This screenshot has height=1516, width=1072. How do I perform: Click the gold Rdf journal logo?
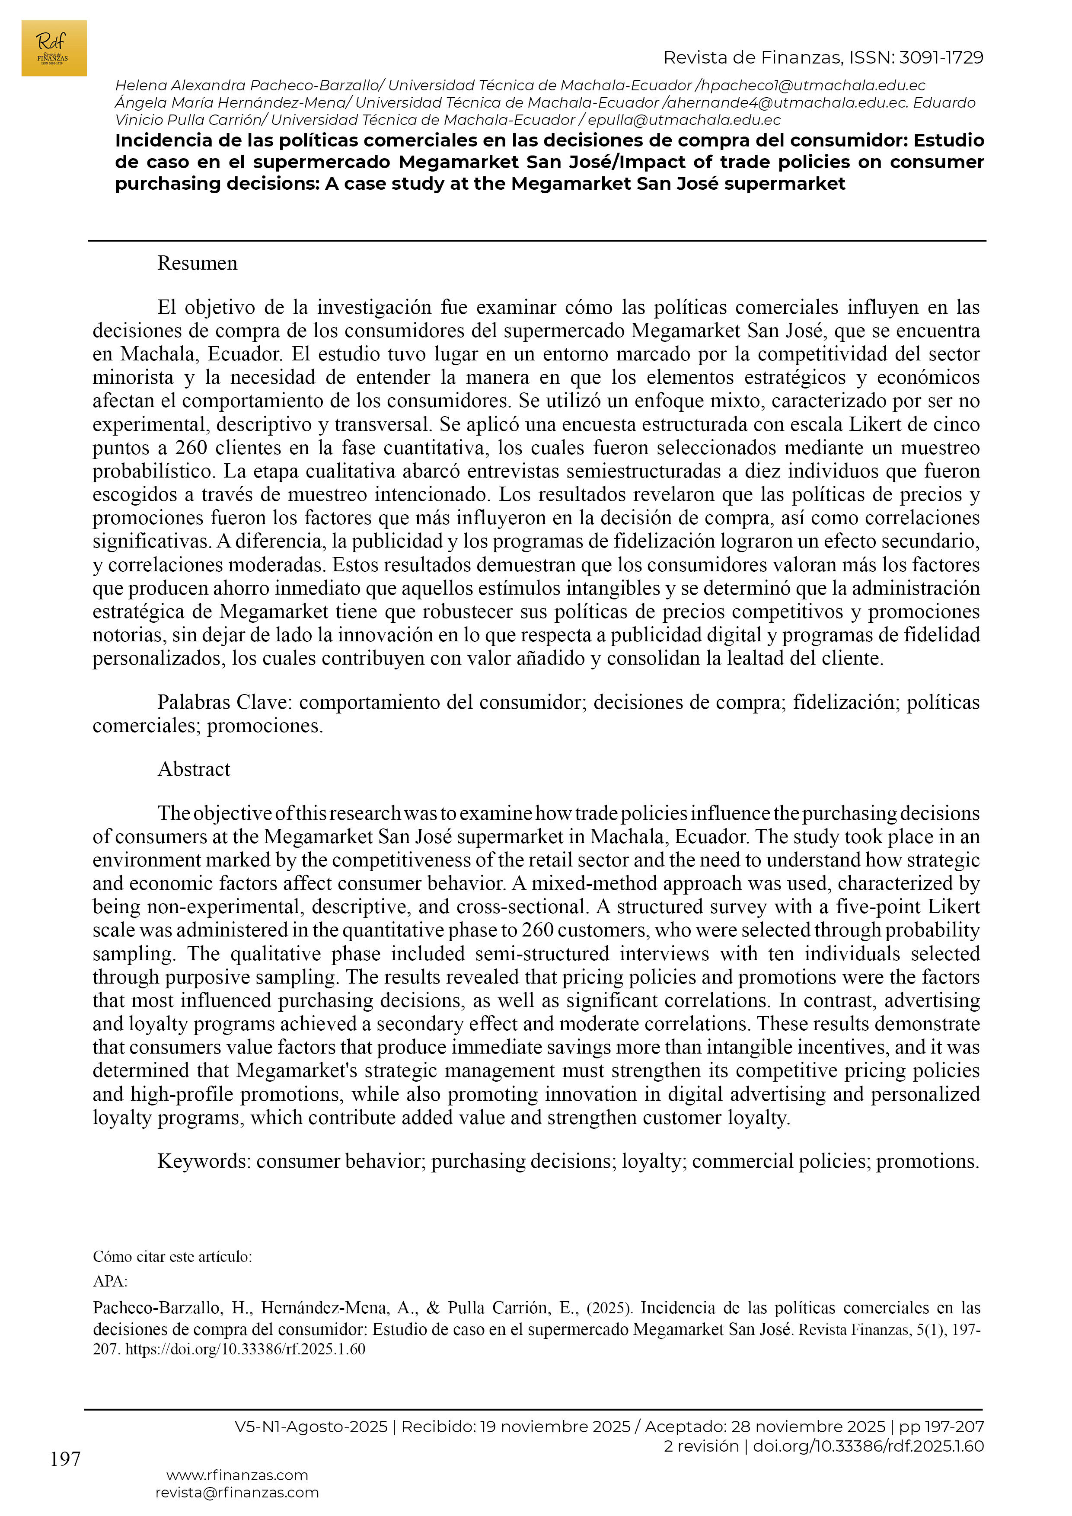tap(54, 48)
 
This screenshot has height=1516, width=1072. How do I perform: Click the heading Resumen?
tap(197, 264)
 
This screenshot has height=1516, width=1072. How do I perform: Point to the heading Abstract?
tap(194, 769)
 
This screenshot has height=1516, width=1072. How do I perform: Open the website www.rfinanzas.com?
tap(237, 1475)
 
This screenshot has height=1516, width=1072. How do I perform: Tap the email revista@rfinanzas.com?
tap(237, 1492)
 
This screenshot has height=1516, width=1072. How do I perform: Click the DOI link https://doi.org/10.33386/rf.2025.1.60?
tap(245, 1349)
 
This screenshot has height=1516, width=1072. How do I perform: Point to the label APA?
tap(110, 1282)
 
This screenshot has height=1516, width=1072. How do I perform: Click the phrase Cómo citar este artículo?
tap(171, 1257)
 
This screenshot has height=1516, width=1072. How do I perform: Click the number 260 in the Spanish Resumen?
tap(191, 448)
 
